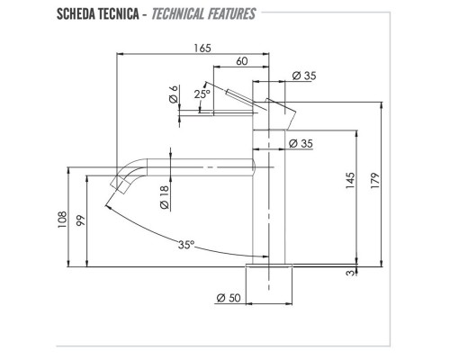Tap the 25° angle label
202,93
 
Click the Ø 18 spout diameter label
165,196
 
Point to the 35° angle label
185,244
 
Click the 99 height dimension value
81,221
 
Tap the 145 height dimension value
349,184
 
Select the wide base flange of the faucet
269,266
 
